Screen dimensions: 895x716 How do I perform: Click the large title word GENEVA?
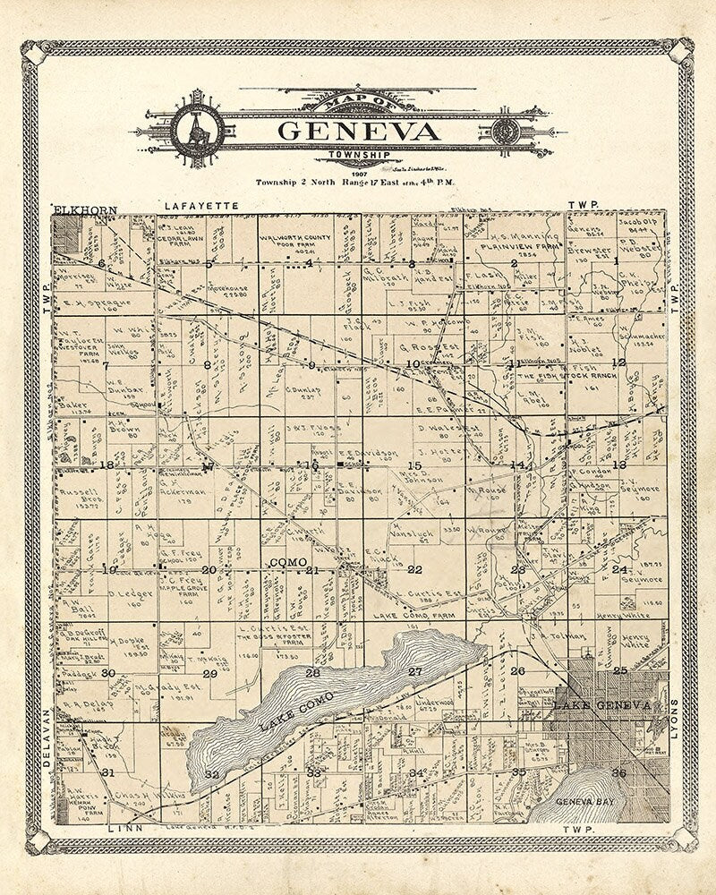(359, 132)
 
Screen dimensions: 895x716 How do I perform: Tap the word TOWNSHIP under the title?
(359, 154)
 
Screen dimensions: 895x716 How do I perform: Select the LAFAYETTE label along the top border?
(201, 206)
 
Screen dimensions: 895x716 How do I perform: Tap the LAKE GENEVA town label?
(601, 706)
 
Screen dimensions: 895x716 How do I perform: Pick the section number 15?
(413, 465)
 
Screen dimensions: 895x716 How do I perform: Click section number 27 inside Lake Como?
(415, 671)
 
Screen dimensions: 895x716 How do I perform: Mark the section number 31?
(108, 771)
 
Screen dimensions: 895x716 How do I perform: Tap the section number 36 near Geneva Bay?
(618, 771)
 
